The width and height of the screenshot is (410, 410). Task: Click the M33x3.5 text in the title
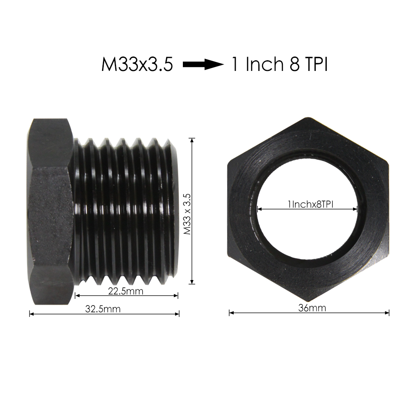click(x=137, y=65)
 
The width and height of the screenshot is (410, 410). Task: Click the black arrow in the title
click(x=203, y=64)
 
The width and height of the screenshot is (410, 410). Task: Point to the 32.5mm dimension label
click(x=103, y=309)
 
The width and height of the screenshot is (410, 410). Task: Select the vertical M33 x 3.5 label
click(x=187, y=211)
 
